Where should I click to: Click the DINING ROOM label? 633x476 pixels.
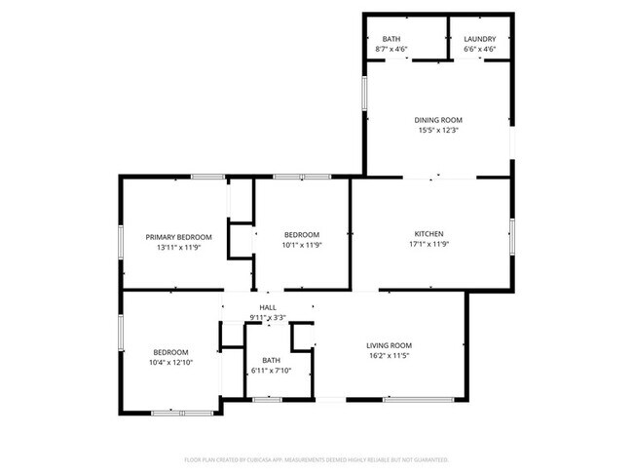438,120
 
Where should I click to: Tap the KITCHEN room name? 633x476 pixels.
429,234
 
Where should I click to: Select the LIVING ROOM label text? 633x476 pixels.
389,345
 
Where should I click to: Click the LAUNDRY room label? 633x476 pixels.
479,38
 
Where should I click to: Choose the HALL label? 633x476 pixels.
267,307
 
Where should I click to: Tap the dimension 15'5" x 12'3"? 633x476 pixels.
438,130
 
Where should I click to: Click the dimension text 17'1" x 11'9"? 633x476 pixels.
429,244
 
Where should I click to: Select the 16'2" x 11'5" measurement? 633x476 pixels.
389,356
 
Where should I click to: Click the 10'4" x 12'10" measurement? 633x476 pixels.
170,363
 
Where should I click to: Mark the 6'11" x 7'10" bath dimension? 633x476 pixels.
270,371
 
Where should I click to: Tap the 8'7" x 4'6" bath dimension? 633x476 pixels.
391,49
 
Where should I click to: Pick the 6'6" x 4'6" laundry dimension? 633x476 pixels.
479,49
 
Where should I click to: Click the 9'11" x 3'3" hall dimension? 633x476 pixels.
267,317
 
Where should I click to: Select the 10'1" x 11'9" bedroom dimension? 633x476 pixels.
302,245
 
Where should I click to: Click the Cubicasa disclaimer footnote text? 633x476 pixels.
316,458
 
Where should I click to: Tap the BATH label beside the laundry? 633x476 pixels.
391,38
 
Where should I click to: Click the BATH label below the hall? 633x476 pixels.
270,360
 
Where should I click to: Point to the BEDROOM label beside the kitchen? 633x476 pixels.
302,235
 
